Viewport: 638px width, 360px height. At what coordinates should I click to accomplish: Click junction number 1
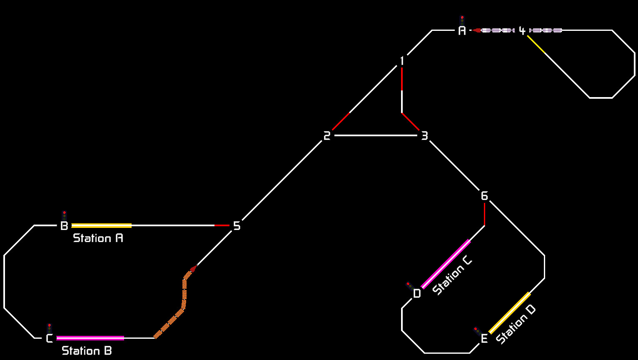point(402,61)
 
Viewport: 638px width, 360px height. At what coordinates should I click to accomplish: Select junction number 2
point(327,135)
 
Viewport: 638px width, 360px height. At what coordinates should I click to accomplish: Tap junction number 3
point(424,135)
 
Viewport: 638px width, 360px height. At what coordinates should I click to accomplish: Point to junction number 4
point(522,30)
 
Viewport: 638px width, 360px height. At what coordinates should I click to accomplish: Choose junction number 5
point(237,226)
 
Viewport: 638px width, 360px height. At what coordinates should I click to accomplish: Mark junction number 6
point(484,196)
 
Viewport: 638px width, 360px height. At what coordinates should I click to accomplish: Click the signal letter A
point(462,30)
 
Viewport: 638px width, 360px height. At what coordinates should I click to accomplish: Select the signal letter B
point(64,226)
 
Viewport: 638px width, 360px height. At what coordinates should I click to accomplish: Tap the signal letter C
point(49,338)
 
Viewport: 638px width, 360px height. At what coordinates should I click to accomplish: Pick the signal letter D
point(417,294)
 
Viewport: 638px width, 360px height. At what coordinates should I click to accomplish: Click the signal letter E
point(484,339)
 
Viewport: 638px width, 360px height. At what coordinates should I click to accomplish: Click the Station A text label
point(98,238)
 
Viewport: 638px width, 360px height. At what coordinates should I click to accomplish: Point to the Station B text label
point(87,351)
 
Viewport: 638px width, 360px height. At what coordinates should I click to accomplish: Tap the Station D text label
point(516,324)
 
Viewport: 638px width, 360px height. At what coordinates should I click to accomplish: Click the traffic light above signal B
point(64,215)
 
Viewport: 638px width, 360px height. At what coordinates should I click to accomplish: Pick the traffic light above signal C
point(49,327)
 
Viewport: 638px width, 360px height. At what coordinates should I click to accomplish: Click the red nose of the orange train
point(193,268)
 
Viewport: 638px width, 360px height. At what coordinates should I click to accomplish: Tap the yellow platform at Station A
point(102,226)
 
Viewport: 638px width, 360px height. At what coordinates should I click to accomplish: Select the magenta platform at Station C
point(446,264)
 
